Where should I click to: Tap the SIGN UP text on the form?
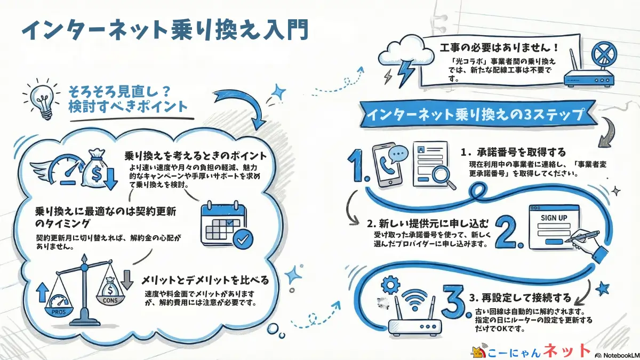pyautogui.click(x=554, y=218)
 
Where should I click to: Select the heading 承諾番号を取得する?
pyautogui.click(x=519, y=153)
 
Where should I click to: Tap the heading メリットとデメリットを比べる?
pyautogui.click(x=205, y=280)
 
